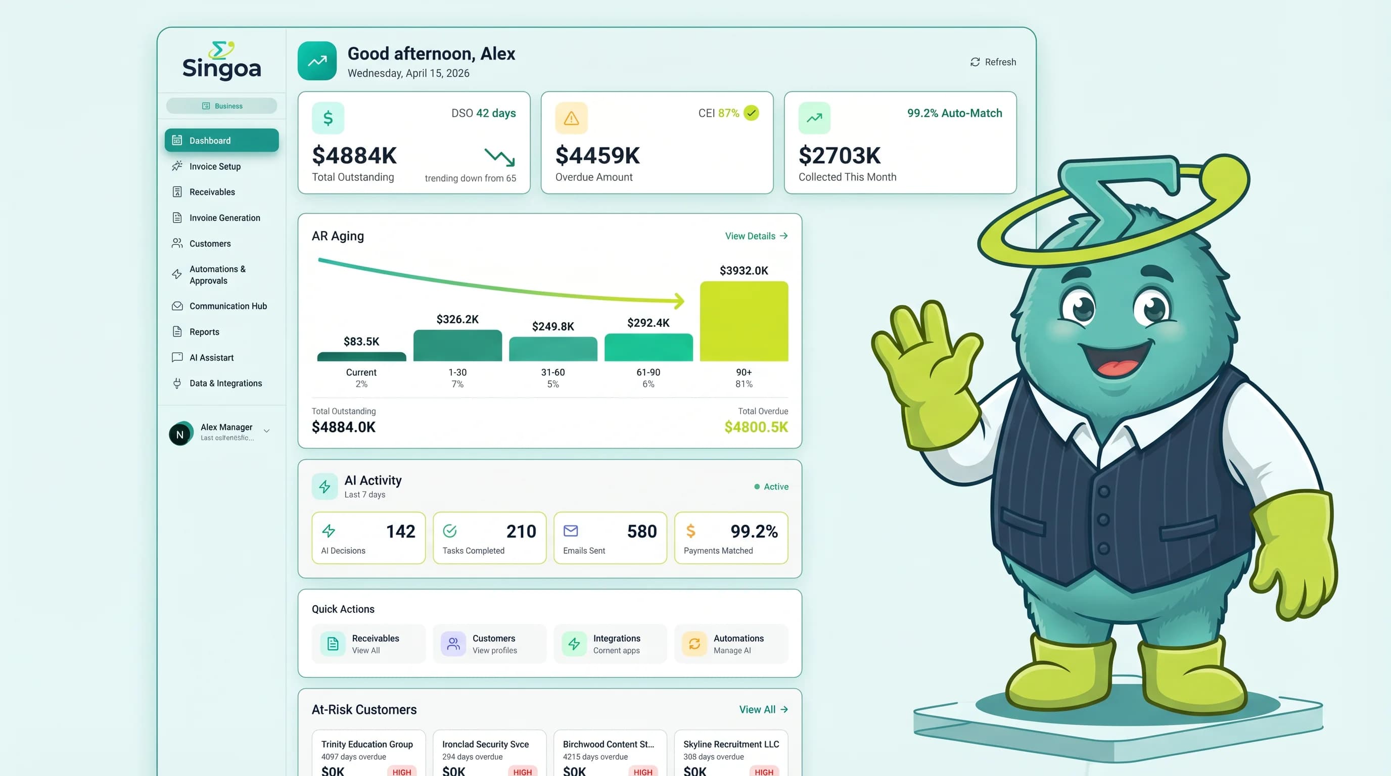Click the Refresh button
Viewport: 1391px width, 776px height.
(x=993, y=62)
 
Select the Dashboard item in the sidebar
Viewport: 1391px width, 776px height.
(x=221, y=140)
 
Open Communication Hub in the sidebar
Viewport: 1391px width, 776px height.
(x=227, y=306)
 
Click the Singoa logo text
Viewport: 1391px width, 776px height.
(x=221, y=69)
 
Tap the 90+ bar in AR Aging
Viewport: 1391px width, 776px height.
(x=744, y=321)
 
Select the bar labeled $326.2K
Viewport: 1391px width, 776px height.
(x=457, y=346)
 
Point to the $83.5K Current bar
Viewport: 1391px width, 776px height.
(x=361, y=357)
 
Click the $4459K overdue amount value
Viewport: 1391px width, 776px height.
(x=597, y=156)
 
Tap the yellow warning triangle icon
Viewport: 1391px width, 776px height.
(x=571, y=118)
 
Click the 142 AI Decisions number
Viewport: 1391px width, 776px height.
(x=400, y=531)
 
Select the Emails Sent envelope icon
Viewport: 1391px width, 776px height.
(x=570, y=531)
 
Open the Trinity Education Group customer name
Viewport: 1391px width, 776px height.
(x=366, y=744)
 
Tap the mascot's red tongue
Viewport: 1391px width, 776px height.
(x=1115, y=369)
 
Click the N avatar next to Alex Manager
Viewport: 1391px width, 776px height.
(x=180, y=434)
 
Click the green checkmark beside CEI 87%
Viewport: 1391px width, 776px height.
(x=751, y=113)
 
